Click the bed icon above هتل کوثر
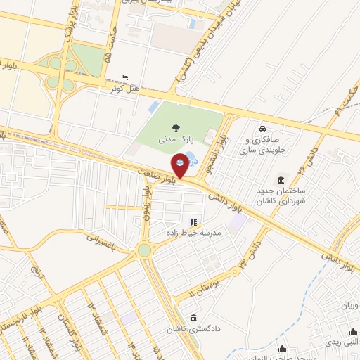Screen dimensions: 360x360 pos(125,77)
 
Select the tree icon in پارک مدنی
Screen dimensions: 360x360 pos(175,127)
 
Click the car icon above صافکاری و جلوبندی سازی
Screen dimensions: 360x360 pos(262,129)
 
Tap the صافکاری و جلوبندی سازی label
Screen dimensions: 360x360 pos(262,146)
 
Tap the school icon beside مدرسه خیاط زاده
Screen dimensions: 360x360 pos(193,223)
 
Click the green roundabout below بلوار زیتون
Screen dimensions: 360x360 pos(144,250)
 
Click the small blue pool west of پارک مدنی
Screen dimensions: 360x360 pos(153,107)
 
